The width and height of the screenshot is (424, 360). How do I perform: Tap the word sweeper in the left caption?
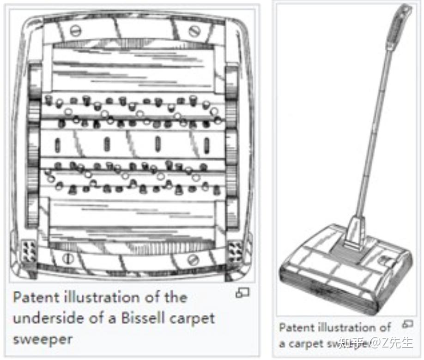[42, 339]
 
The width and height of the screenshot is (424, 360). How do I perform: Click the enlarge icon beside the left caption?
[242, 293]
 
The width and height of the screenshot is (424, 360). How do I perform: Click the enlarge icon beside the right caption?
[407, 324]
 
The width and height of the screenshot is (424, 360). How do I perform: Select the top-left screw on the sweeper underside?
[75, 31]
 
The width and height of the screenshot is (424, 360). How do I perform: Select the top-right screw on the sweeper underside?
[194, 31]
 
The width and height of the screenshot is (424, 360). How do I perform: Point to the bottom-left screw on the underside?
[68, 258]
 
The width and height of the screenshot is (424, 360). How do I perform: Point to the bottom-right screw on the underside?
[194, 260]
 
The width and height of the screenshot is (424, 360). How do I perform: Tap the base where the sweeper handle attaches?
[354, 233]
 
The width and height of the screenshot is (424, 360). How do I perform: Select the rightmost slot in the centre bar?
[206, 145]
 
